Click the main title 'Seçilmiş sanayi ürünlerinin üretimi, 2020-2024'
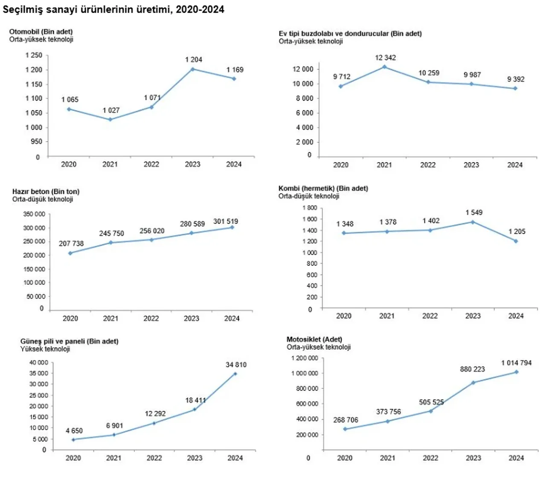pos(113,10)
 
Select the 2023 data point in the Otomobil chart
pos(193,69)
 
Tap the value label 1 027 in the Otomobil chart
pos(111,110)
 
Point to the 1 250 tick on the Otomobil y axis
pos(34,55)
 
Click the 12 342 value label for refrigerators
pos(386,58)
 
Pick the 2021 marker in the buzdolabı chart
pos(384,67)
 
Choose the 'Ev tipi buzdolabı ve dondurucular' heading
pos(350,33)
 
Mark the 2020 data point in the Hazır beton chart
pos(70,253)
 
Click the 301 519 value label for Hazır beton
pos(226,221)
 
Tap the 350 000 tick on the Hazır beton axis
pos(34,214)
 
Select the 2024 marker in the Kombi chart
pos(516,241)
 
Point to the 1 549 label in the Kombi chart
pos(474,212)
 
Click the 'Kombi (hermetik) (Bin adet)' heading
pos(323,188)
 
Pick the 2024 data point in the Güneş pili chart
pos(235,374)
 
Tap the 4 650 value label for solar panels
pos(74,431)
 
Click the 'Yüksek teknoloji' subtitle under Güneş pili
pos(45,349)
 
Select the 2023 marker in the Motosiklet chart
pos(473,383)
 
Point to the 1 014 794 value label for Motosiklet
pos(516,363)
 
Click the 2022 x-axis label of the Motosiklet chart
pos(430,458)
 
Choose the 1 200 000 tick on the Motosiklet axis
pos(305,358)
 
